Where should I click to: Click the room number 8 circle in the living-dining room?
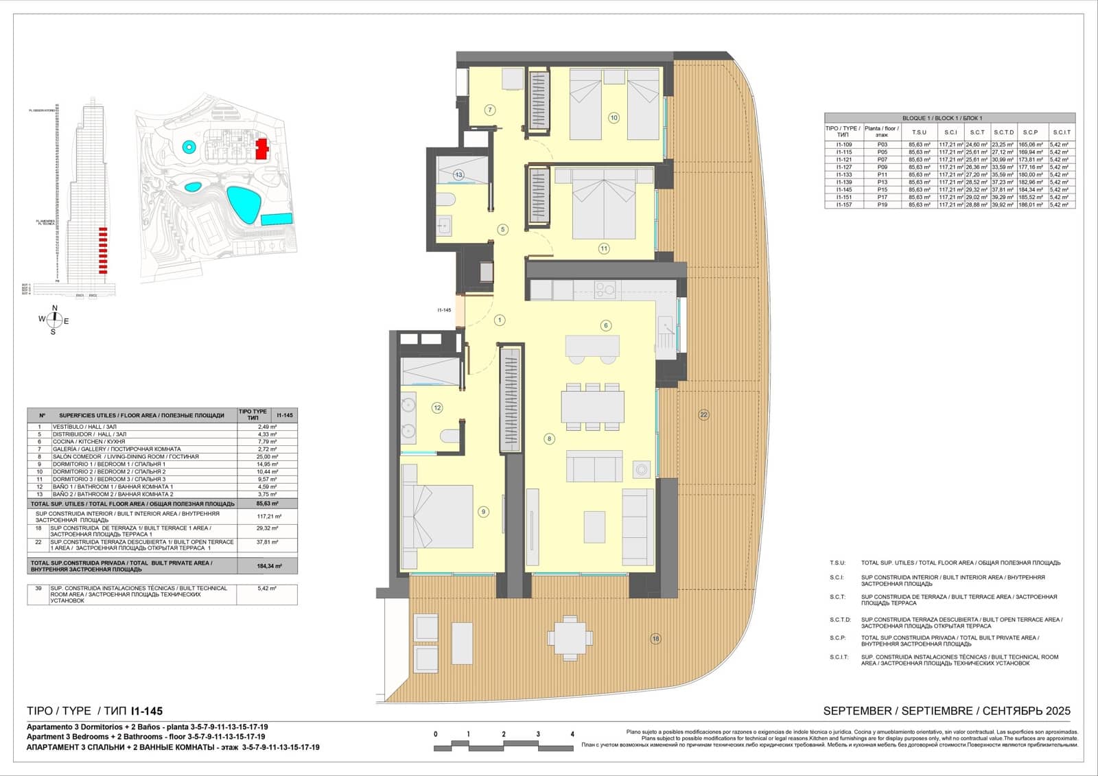click(x=549, y=438)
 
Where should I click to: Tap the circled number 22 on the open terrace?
click(x=703, y=414)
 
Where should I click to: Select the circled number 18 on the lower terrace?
click(x=655, y=639)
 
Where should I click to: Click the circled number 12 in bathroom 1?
click(x=437, y=408)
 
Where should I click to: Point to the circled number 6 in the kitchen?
click(x=605, y=325)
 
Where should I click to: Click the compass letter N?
click(x=55, y=308)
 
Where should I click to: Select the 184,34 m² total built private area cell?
click(x=267, y=565)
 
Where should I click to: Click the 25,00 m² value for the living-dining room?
click(x=267, y=456)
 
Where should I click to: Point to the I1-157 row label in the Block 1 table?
click(x=843, y=204)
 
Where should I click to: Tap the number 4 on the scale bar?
click(x=572, y=734)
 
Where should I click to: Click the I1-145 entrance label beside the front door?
click(x=444, y=310)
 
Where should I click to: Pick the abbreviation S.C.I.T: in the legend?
click(x=839, y=657)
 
